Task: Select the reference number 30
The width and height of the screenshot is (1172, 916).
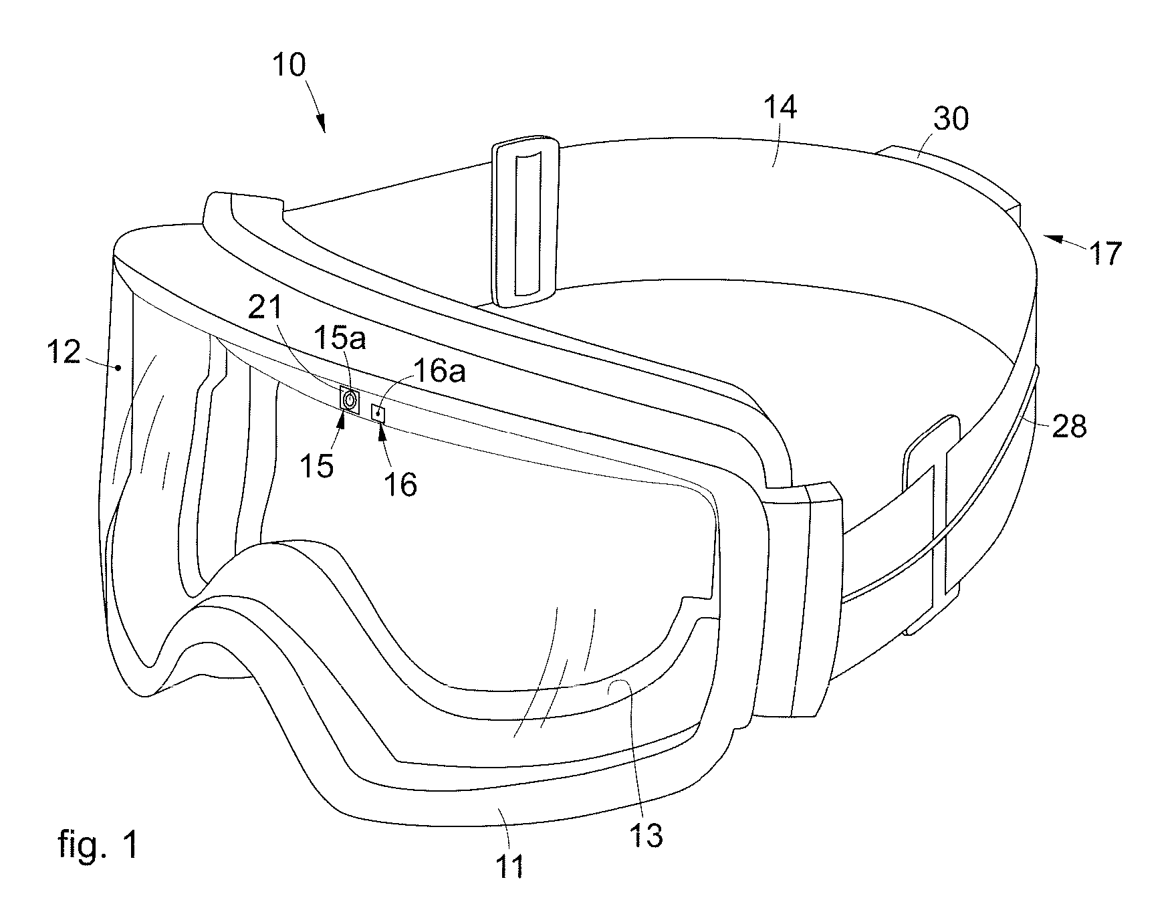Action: pyautogui.click(x=951, y=120)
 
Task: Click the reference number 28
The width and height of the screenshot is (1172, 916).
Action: pyautogui.click(x=1070, y=425)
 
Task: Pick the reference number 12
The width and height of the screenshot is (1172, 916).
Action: pyautogui.click(x=64, y=352)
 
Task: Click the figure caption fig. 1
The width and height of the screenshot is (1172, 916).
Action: pyautogui.click(x=98, y=844)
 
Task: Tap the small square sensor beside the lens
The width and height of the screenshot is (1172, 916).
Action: pyautogui.click(x=379, y=414)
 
